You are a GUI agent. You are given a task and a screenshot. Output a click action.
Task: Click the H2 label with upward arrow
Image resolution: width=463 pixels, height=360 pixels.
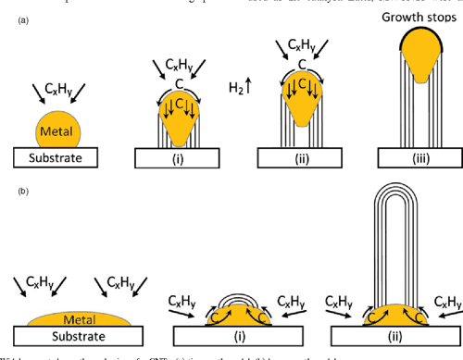[238, 88]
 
